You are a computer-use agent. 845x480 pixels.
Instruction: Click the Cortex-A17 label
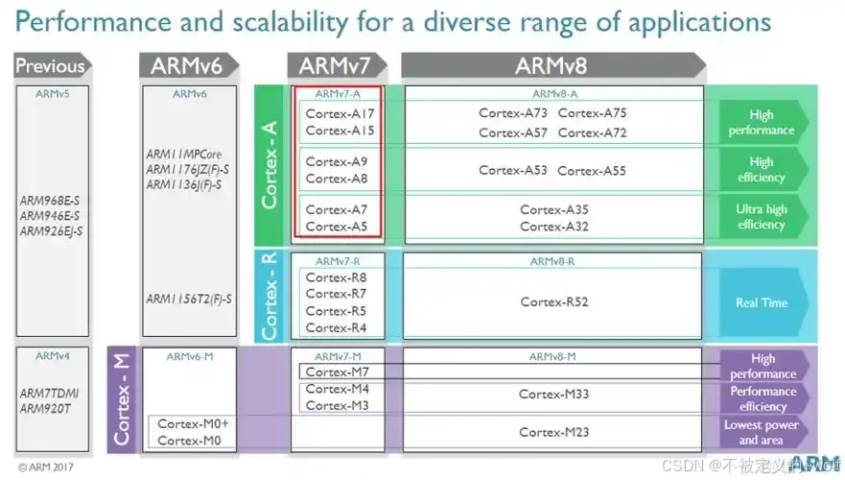point(340,113)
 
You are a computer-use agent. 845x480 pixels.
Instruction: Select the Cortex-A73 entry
point(513,113)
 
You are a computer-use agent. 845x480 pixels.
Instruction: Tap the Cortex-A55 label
point(591,171)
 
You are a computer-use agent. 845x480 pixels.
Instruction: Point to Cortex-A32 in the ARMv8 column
point(554,227)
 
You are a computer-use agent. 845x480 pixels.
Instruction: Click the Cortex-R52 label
point(554,301)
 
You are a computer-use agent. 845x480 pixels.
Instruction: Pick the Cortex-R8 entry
point(336,277)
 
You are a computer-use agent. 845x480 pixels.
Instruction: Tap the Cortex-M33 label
point(554,394)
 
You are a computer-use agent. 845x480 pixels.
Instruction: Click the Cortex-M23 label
point(554,432)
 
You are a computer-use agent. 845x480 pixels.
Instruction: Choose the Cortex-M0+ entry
point(193,423)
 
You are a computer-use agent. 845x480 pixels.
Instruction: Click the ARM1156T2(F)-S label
point(188,299)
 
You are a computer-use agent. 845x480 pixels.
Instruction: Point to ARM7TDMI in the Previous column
point(50,394)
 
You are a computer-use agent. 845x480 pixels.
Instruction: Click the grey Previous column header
point(50,66)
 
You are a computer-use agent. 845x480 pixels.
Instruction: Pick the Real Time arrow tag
point(762,302)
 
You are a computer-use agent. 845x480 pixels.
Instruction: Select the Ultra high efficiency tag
point(762,217)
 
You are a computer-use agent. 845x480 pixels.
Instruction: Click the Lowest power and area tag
point(762,432)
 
